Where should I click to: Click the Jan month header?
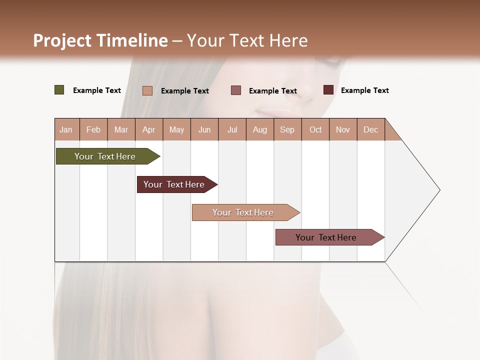[x=66, y=129]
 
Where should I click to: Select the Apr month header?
[x=148, y=129]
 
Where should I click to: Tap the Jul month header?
[x=232, y=129]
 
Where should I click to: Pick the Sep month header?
[x=287, y=129]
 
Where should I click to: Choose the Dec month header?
[x=370, y=129]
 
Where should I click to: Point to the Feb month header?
[x=93, y=129]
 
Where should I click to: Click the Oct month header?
[x=315, y=129]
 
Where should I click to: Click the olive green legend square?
[x=59, y=90]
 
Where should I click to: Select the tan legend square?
[x=147, y=90]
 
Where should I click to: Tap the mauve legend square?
[x=236, y=90]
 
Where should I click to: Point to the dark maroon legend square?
[x=328, y=90]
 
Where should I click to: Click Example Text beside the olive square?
[x=97, y=90]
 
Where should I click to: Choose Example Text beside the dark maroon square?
[x=365, y=90]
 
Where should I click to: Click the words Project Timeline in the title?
[x=100, y=40]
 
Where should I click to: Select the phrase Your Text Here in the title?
[x=247, y=40]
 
